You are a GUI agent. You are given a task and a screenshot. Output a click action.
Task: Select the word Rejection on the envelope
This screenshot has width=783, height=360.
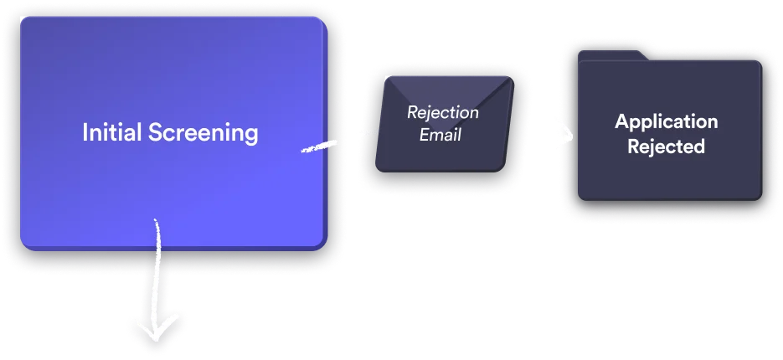coord(443,112)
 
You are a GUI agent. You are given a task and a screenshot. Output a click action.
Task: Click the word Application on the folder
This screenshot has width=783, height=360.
coord(667,121)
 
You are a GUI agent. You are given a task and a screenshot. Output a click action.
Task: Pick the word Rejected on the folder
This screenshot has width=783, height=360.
coord(667,147)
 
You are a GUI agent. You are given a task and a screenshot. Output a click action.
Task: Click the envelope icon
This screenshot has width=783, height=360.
coord(444,122)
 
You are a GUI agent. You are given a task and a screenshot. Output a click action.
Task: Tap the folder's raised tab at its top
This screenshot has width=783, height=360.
coord(611,54)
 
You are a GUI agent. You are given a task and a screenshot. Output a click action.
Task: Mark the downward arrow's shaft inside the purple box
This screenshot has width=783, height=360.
coord(157,234)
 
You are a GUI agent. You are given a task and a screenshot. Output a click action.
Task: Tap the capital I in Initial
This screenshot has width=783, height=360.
coord(85,132)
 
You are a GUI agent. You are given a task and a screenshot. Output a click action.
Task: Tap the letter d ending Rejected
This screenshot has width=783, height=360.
coord(699,147)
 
